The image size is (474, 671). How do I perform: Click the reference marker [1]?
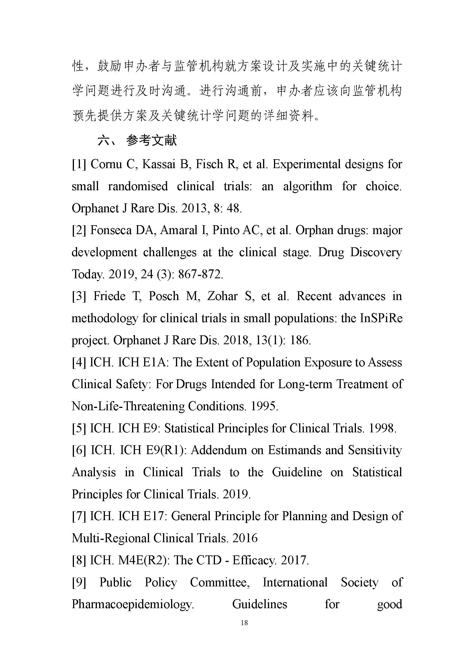pyautogui.click(x=79, y=164)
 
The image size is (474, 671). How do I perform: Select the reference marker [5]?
pyautogui.click(x=79, y=428)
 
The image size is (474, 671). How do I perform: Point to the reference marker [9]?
pyautogui.click(x=79, y=582)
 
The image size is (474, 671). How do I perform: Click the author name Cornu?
pyautogui.click(x=106, y=164)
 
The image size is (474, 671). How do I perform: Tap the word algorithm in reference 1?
pyautogui.click(x=307, y=186)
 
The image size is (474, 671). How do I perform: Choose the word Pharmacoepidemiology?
pyautogui.click(x=133, y=604)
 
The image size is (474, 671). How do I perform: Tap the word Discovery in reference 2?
pyautogui.click(x=376, y=252)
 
